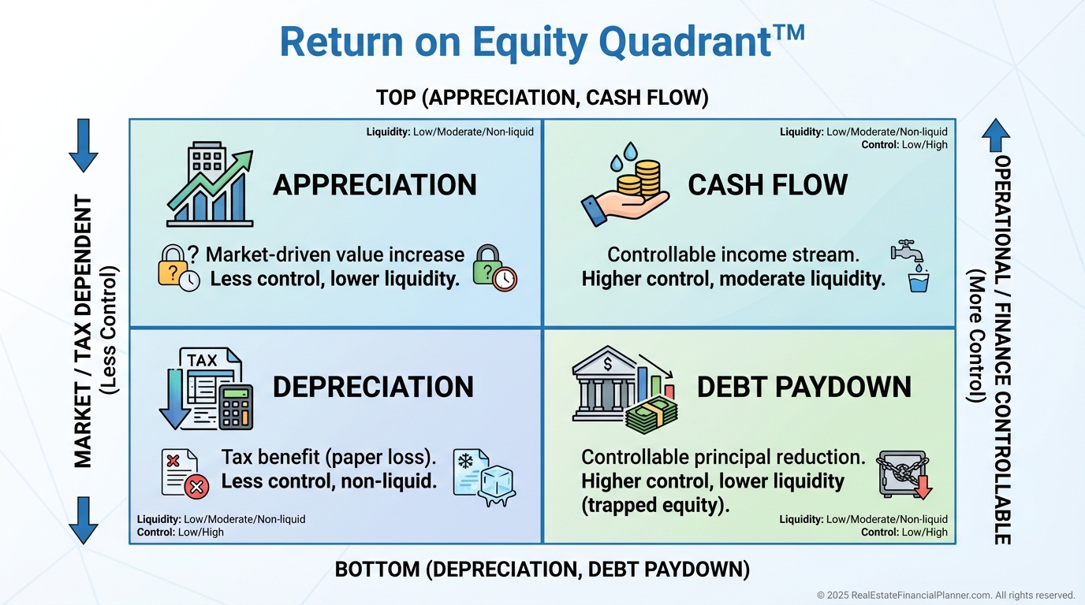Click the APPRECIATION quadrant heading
click(375, 185)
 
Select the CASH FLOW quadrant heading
click(768, 185)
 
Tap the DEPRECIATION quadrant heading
click(373, 388)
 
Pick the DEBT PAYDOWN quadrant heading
click(804, 388)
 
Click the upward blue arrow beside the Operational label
click(996, 135)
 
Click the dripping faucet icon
click(906, 251)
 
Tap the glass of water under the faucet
click(919, 282)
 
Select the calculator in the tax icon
click(236, 407)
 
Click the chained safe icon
click(904, 474)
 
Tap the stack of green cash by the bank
click(651, 415)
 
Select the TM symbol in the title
click(789, 33)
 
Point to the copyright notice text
click(946, 595)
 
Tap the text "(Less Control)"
click(108, 331)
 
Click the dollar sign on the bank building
click(608, 363)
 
